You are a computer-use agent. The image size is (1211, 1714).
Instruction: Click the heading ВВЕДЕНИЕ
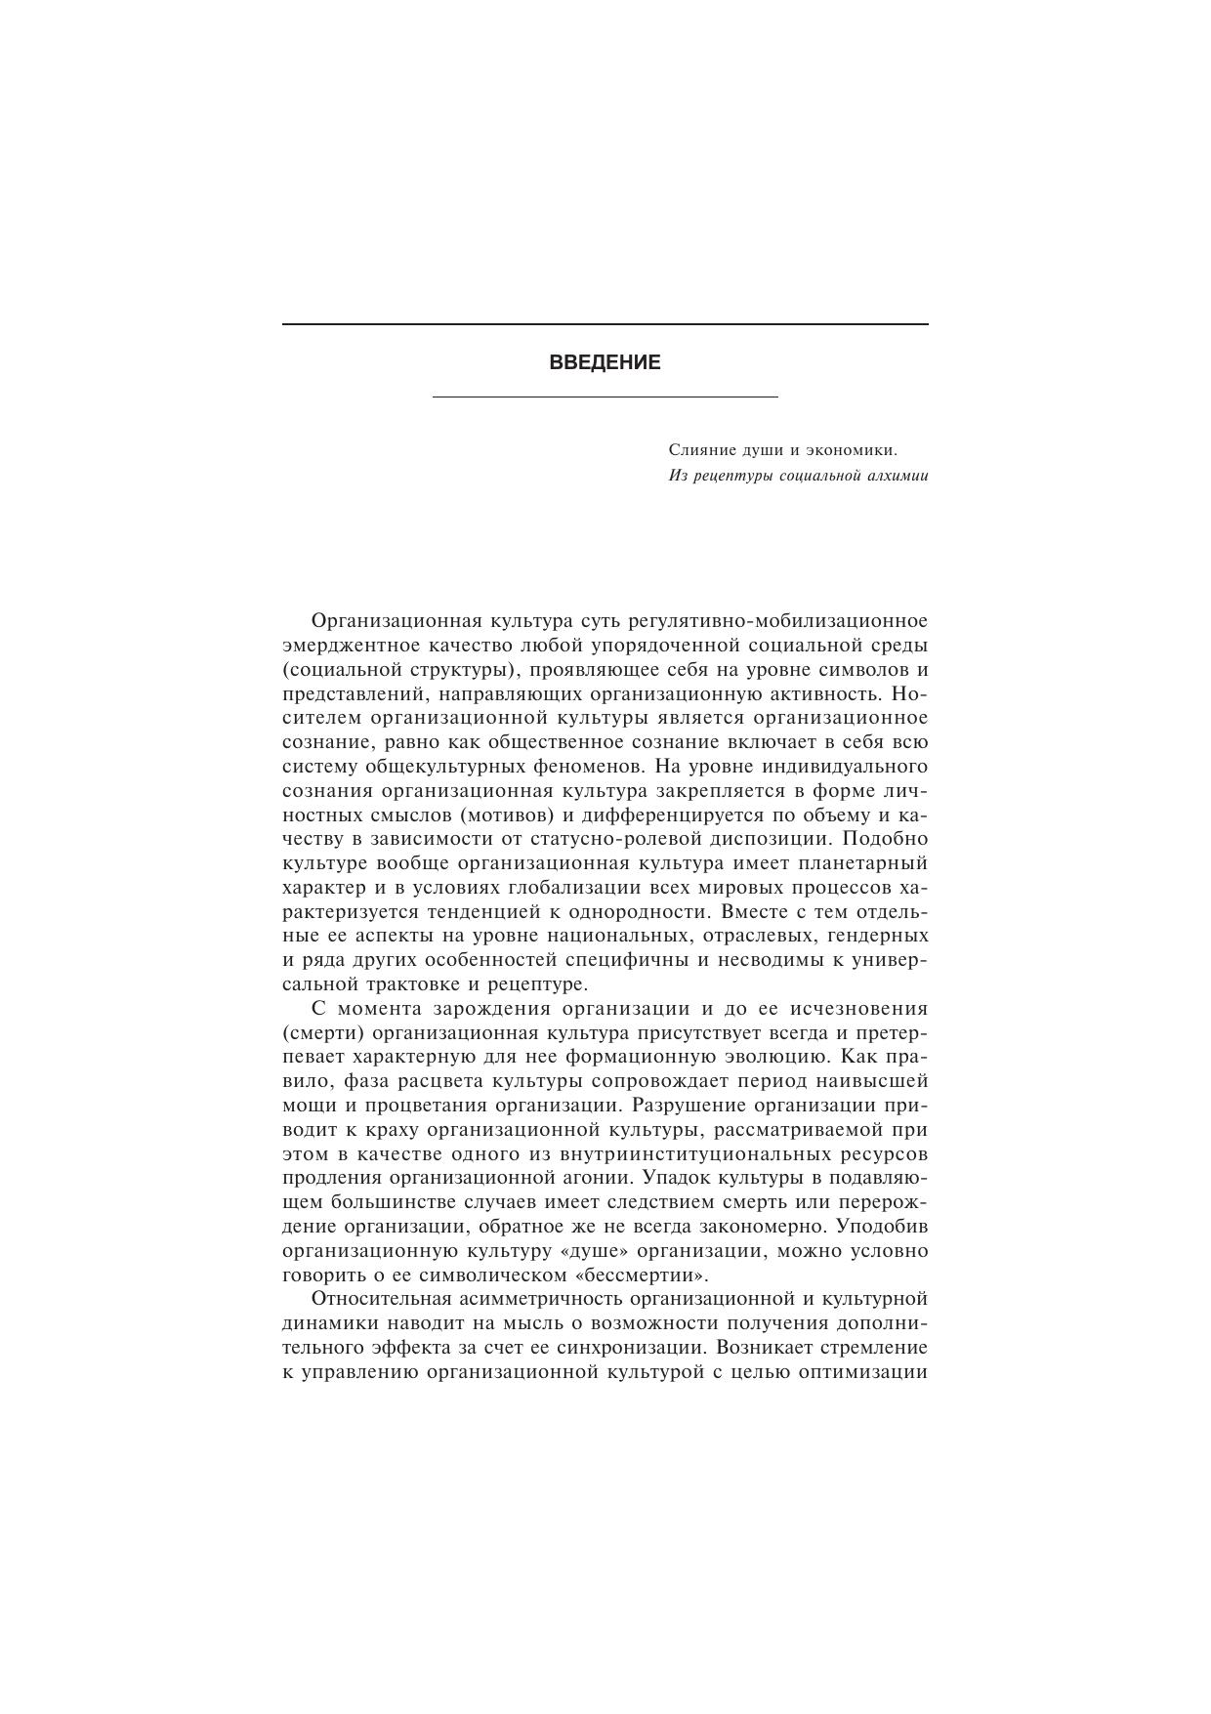605,362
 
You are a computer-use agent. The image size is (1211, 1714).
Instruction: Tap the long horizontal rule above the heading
605,324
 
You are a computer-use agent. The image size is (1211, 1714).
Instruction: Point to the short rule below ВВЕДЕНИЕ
605,397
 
